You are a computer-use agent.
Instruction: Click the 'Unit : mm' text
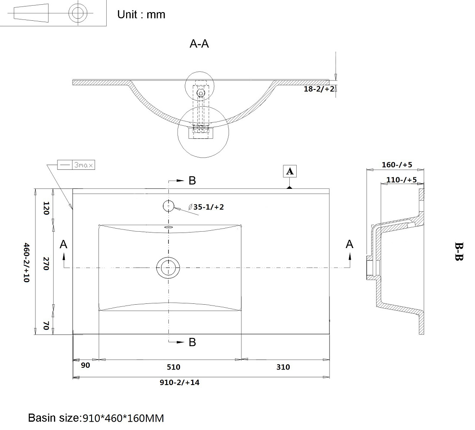tap(141, 15)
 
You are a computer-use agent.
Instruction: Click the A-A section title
tap(199, 44)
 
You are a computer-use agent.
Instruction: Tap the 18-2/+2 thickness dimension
tap(319, 89)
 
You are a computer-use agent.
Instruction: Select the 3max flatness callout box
tap(76, 165)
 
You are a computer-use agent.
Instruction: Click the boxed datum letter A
tap(290, 171)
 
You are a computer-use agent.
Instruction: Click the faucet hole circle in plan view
tap(168, 206)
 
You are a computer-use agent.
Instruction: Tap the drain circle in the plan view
tap(168, 268)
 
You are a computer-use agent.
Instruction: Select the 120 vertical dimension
tap(46, 208)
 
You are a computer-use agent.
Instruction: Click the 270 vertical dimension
tap(46, 264)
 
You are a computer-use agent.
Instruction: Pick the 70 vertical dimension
tap(46, 326)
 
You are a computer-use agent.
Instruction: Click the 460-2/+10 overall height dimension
tap(27, 263)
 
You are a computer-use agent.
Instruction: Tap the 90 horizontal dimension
tap(85, 366)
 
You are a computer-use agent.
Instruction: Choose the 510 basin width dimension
tap(174, 367)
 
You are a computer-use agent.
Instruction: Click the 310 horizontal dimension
tap(283, 367)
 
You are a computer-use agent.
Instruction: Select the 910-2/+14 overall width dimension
tap(180, 382)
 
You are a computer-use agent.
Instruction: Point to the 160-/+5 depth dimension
tap(397, 165)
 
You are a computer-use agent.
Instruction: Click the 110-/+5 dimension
tap(402, 180)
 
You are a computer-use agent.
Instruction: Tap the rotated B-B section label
tap(459, 251)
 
